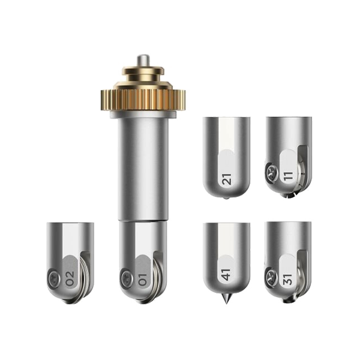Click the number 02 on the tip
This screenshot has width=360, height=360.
70,279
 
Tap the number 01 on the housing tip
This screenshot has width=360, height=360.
142,279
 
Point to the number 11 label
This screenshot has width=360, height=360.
289,176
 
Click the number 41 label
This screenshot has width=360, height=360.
226,275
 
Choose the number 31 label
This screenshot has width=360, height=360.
288,279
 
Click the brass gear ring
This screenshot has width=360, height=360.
143,99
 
